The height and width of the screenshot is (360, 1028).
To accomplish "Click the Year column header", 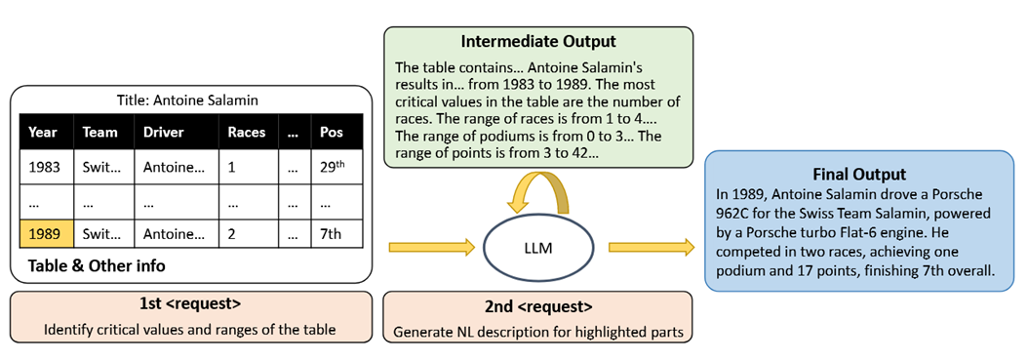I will coord(43,132).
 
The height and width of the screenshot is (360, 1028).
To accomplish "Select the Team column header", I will coord(99,132).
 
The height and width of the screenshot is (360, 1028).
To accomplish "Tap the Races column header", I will coord(246,132).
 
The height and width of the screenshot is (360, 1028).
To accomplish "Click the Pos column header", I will coord(332,132).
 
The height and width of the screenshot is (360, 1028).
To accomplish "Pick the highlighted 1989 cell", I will coord(43,234).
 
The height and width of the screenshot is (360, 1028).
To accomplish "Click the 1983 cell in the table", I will coord(43,167).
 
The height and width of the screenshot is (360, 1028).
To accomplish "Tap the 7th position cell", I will coord(332,234).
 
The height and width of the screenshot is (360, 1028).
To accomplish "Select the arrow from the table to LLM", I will coord(430,248).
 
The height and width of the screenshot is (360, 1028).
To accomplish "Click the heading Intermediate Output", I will coord(538,44).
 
